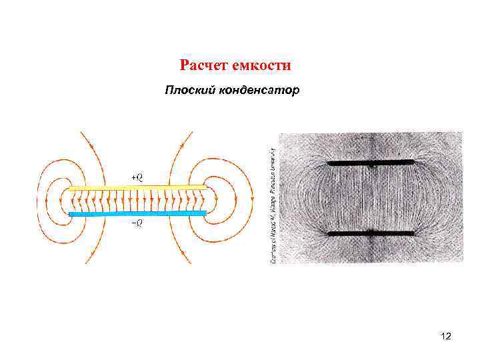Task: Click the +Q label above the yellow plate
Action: click(137, 177)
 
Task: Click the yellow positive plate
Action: click(137, 189)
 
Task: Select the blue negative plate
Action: click(137, 213)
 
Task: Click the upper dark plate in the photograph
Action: click(371, 163)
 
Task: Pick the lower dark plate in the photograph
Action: click(371, 233)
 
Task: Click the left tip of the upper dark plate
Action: click(329, 163)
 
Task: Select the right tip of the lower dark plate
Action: click(413, 233)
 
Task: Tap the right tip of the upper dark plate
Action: click(413, 163)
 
